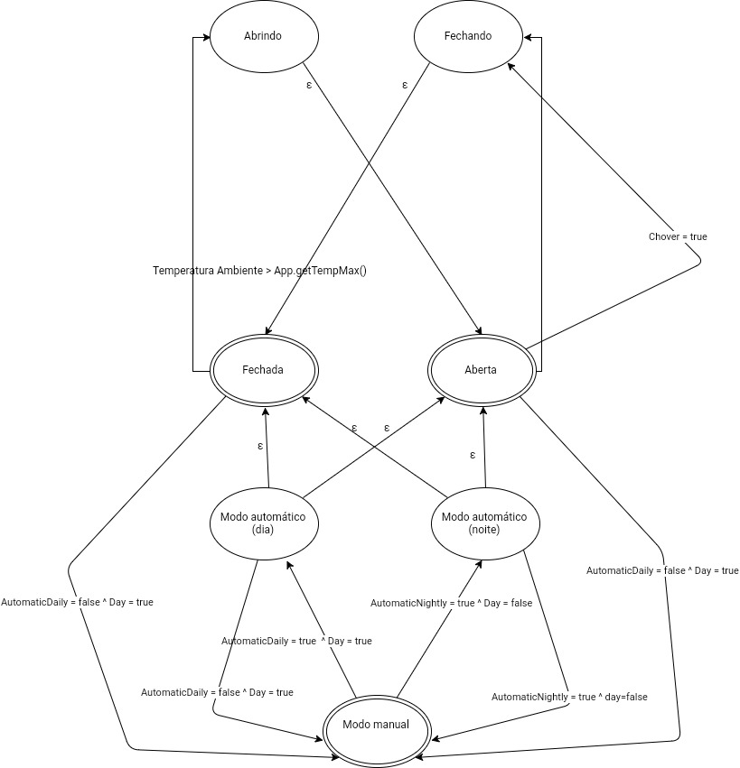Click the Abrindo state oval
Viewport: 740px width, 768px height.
[264, 37]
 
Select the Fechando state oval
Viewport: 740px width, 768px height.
[468, 37]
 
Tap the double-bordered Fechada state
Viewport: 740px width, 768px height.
[264, 370]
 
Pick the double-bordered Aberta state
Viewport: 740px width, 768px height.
[481, 370]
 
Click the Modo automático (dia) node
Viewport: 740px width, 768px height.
[263, 523]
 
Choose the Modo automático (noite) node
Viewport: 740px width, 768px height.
[484, 523]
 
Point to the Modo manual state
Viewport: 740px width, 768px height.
[376, 725]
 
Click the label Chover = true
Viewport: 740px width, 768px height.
[678, 236]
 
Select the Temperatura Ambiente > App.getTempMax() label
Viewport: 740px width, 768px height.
[259, 270]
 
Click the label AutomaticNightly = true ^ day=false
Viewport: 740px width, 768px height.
[569, 697]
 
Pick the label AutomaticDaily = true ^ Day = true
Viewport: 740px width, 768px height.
[296, 641]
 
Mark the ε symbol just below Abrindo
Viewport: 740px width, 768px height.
[310, 85]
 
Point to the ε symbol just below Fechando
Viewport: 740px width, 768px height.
[404, 85]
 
